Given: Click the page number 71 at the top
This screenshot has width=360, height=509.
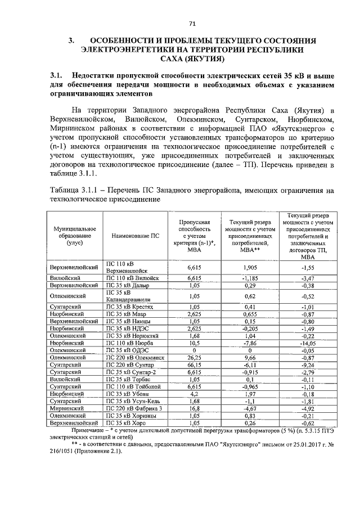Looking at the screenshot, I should [x=192, y=23].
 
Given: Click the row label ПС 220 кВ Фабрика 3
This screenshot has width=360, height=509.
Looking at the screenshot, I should [x=134, y=409].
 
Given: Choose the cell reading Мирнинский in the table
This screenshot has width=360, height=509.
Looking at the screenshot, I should [x=67, y=409].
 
